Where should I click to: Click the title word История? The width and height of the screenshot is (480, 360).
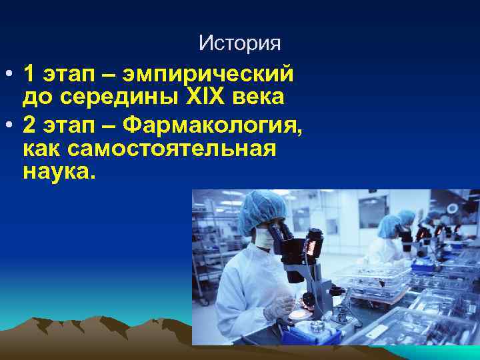coord(239,44)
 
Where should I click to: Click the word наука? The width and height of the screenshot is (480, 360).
coord(59,173)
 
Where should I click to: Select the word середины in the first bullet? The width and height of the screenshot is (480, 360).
coord(116,97)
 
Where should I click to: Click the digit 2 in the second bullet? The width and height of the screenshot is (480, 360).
coord(28,123)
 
